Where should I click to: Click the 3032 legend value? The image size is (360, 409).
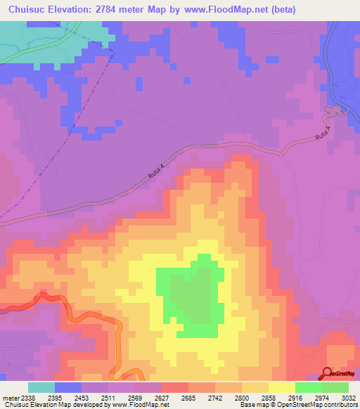(x=350, y=398)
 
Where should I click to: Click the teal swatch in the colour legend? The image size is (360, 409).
(x=41, y=387)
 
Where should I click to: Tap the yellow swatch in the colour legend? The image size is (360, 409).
(x=282, y=387)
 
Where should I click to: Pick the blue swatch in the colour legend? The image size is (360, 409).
(x=68, y=387)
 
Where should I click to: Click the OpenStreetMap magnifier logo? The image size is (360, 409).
(x=328, y=372)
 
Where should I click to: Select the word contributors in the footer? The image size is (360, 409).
(x=340, y=405)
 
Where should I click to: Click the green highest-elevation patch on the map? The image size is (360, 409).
(x=188, y=295)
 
